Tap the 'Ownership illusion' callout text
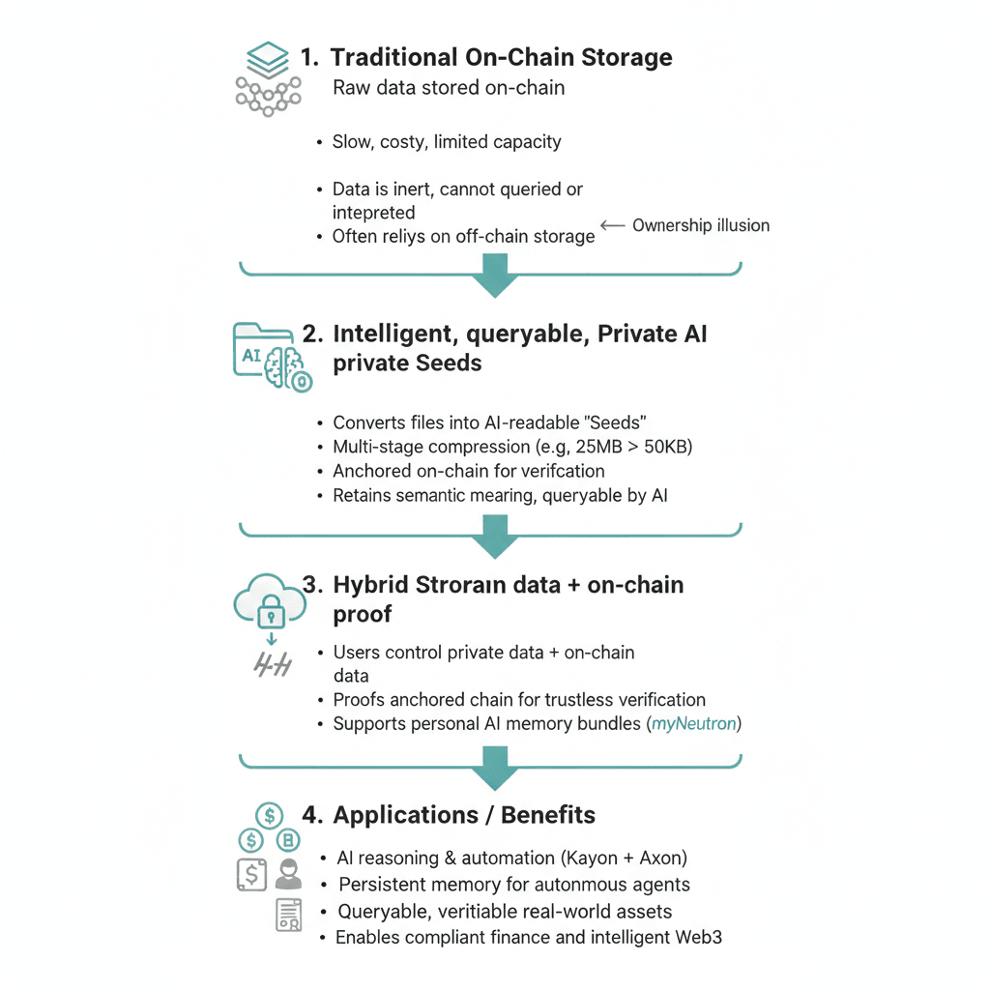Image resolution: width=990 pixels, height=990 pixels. [x=701, y=225]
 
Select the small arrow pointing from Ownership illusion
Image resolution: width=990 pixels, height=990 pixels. [x=612, y=225]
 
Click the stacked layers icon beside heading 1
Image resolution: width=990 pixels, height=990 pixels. [x=262, y=58]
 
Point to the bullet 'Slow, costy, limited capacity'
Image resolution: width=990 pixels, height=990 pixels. [x=447, y=142]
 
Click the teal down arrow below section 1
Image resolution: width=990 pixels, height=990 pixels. [x=494, y=275]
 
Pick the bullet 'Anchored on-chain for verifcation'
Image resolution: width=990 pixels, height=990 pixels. [x=468, y=471]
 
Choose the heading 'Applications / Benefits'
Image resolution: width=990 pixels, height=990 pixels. [x=464, y=815]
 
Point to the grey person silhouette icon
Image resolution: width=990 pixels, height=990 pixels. [x=288, y=873]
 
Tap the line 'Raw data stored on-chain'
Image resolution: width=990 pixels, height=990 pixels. [x=449, y=88]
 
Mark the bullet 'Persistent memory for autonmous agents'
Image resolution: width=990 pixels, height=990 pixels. [x=513, y=885]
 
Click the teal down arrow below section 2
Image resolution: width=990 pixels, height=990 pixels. [x=494, y=536]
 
